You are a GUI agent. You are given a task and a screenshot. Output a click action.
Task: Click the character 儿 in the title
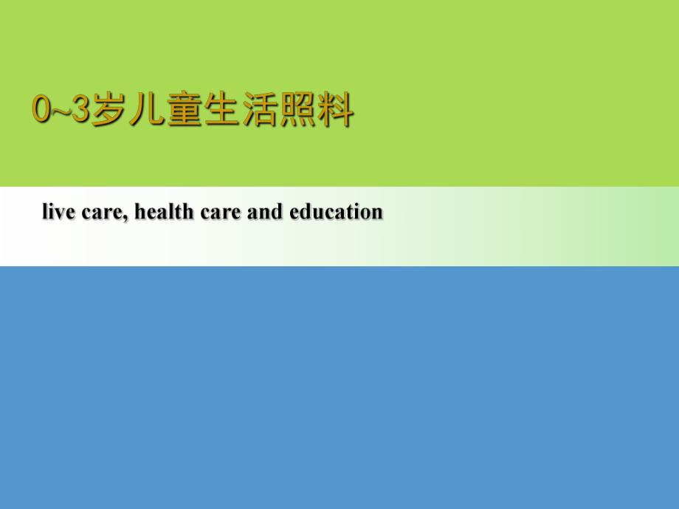(x=146, y=111)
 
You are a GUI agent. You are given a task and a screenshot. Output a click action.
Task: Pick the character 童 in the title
(x=184, y=111)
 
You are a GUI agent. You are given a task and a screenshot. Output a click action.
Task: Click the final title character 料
(x=335, y=111)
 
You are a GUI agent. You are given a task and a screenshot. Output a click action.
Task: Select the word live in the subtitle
(x=55, y=212)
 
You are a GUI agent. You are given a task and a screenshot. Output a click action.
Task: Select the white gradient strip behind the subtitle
(x=517, y=236)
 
